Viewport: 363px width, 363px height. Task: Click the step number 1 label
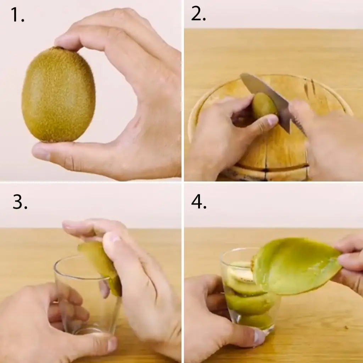(x=18, y=15)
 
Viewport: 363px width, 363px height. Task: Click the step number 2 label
(x=199, y=14)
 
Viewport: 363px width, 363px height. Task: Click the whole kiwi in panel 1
(x=58, y=94)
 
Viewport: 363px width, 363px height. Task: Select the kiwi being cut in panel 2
(x=264, y=106)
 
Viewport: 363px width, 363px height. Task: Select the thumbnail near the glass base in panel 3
(x=112, y=344)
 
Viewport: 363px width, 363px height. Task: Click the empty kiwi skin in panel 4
(x=297, y=266)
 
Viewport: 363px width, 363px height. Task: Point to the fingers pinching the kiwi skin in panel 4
(x=349, y=259)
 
